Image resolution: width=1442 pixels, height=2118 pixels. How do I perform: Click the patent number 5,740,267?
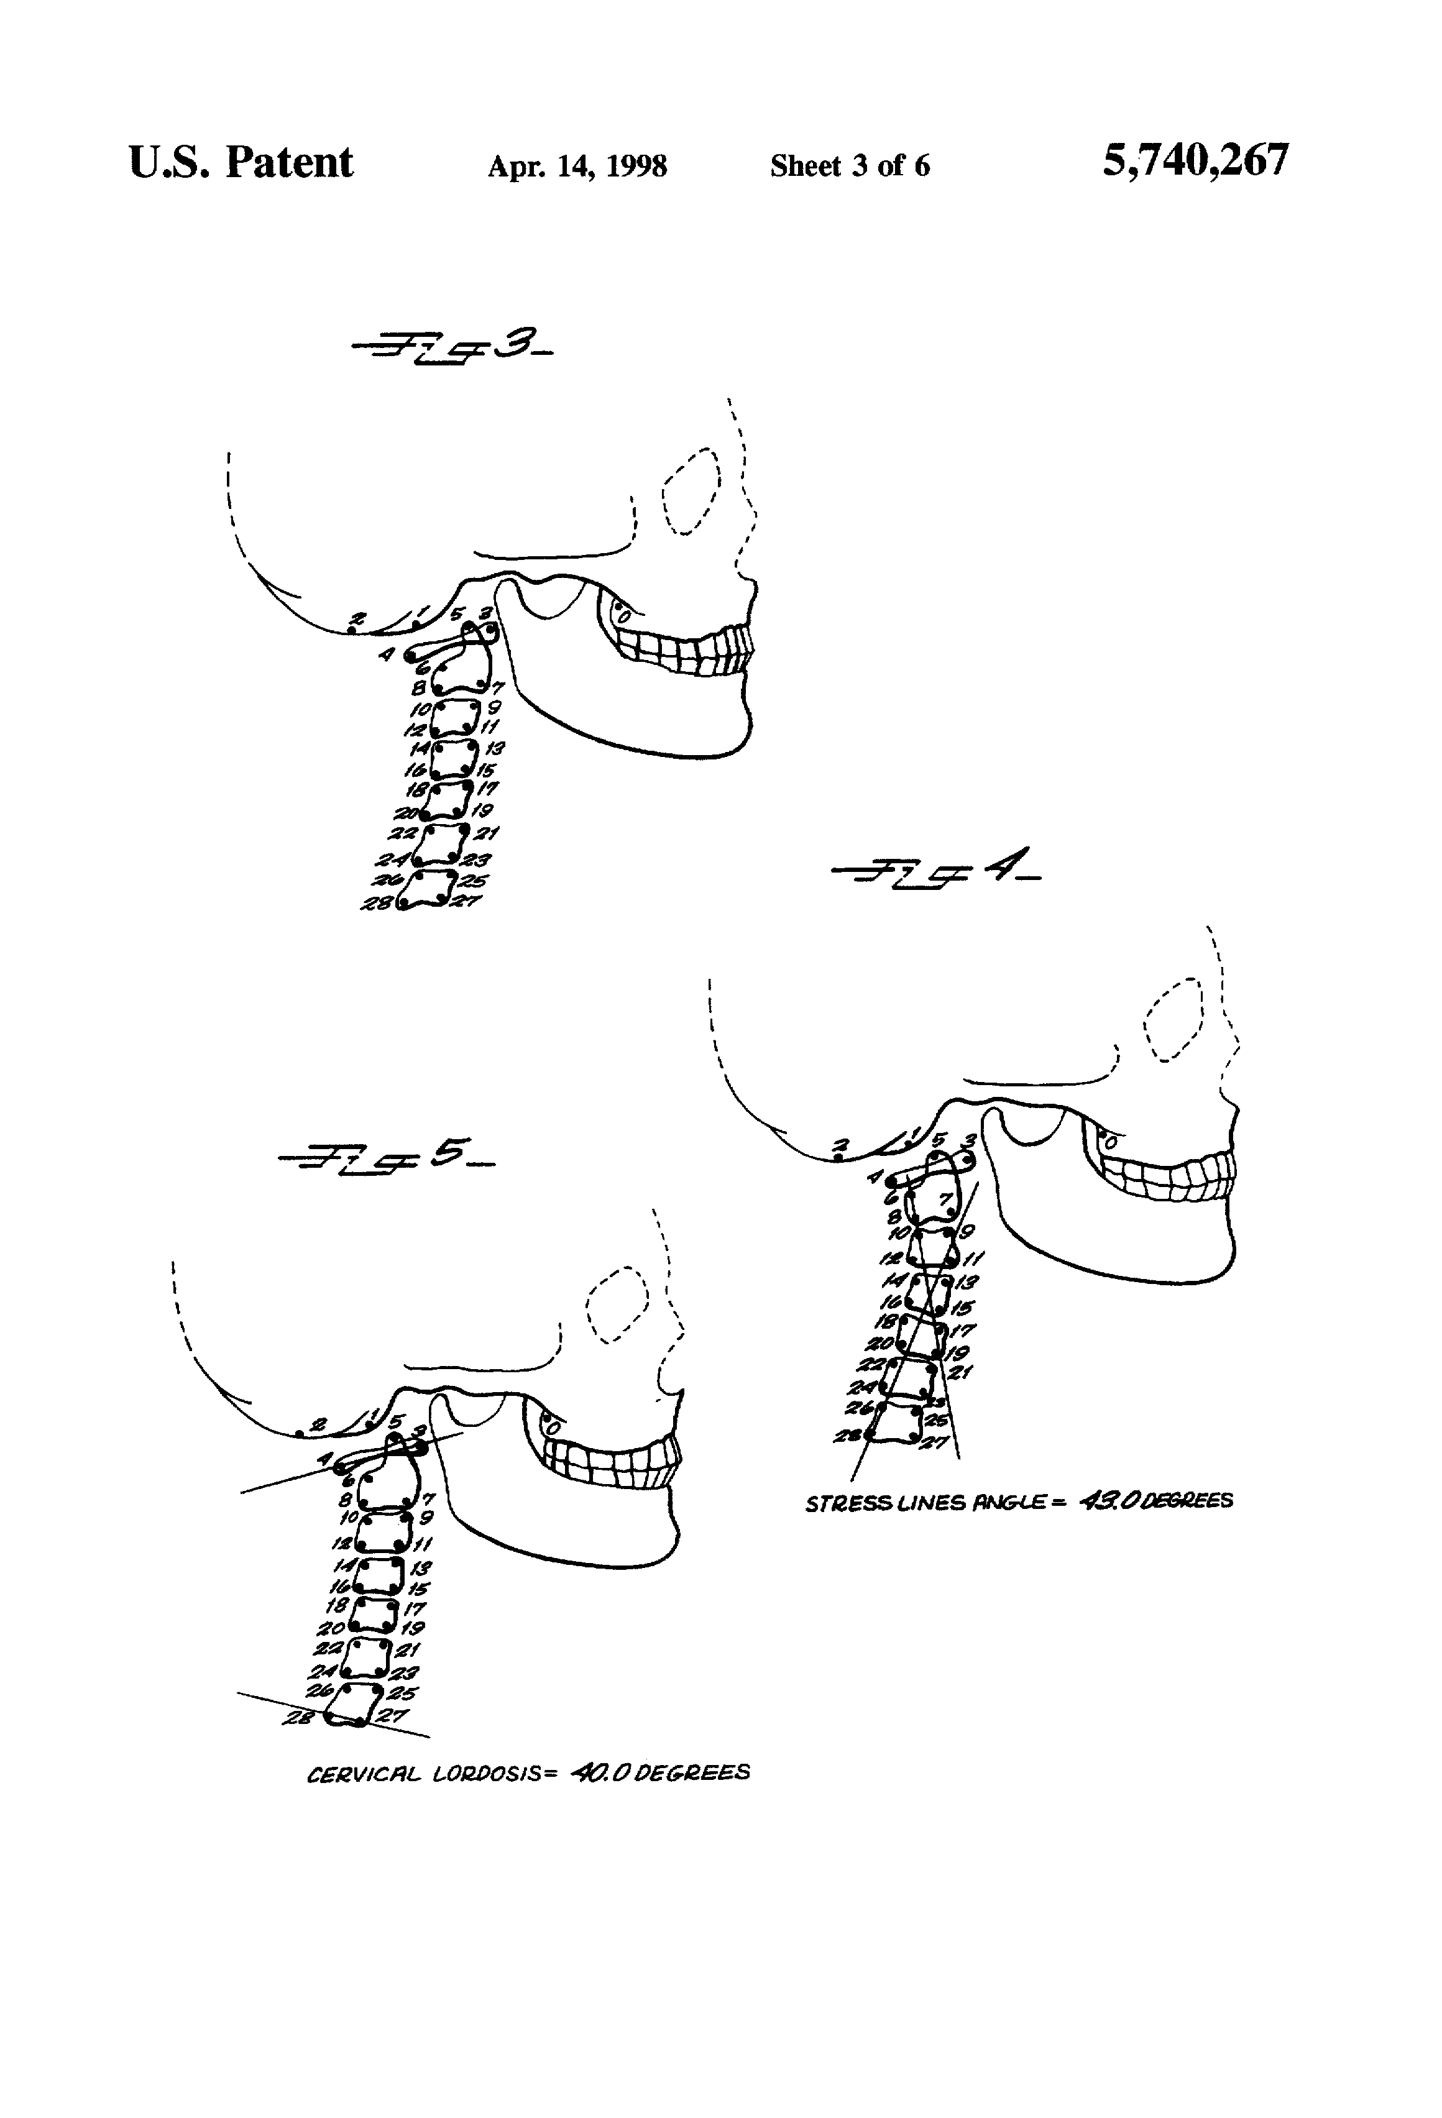point(1195,162)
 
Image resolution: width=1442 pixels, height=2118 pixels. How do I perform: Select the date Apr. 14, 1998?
point(577,166)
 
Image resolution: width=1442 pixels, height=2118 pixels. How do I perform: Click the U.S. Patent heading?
point(241,163)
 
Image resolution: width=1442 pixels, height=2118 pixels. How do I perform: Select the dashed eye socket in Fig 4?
point(1175,1020)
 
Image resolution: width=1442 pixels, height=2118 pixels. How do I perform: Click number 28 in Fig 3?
point(377,903)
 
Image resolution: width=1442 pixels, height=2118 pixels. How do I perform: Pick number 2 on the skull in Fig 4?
point(842,1145)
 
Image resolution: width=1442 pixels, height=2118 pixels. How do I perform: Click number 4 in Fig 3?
point(387,653)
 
